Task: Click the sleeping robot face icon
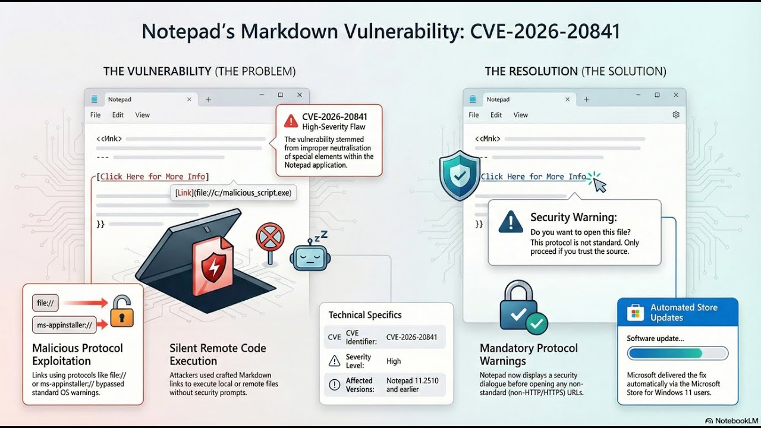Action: point(310,257)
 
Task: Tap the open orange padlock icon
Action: point(122,311)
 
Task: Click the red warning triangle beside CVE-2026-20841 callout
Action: point(291,121)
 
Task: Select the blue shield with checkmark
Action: point(459,175)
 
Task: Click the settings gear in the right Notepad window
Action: point(676,115)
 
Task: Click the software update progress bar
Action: point(678,354)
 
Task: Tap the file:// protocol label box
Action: point(46,303)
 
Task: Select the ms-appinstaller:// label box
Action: point(64,325)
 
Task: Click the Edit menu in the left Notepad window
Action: point(118,115)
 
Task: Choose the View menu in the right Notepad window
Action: point(521,115)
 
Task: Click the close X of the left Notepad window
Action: point(300,95)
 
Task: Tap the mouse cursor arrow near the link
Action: point(600,185)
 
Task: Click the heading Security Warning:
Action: point(573,218)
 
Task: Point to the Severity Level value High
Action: point(394,361)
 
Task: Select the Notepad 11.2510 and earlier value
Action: point(411,385)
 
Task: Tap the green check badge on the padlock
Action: point(537,323)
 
